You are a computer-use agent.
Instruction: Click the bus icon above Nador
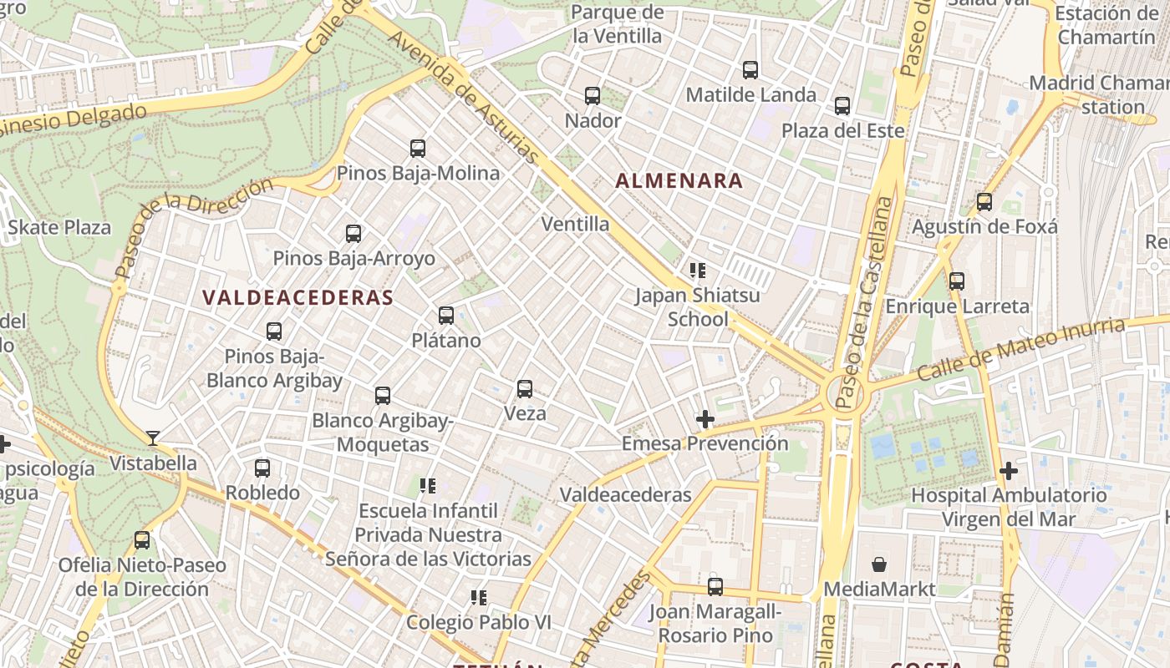pyautogui.click(x=593, y=95)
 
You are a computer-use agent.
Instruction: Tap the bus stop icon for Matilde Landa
pyautogui.click(x=750, y=70)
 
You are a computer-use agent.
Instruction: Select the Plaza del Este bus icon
pyautogui.click(x=842, y=106)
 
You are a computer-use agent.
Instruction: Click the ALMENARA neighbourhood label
pyautogui.click(x=679, y=180)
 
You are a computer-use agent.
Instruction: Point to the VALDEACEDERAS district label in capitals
pyautogui.click(x=298, y=298)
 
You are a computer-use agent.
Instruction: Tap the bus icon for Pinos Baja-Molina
pyautogui.click(x=418, y=149)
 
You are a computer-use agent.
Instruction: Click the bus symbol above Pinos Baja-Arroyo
pyautogui.click(x=354, y=234)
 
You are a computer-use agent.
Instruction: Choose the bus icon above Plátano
pyautogui.click(x=446, y=316)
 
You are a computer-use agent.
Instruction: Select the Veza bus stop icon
pyautogui.click(x=525, y=389)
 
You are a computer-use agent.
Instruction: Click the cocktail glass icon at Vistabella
pyautogui.click(x=153, y=438)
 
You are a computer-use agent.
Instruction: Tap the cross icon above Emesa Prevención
pyautogui.click(x=705, y=419)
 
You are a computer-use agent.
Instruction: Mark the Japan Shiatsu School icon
pyautogui.click(x=698, y=271)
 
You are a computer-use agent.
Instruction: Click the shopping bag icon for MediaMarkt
pyautogui.click(x=878, y=565)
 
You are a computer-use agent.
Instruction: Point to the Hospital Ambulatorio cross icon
pyautogui.click(x=1009, y=471)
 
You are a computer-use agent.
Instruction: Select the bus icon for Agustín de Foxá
pyautogui.click(x=984, y=202)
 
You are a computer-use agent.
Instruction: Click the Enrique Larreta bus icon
pyautogui.click(x=957, y=281)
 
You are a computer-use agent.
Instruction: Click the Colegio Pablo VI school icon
pyautogui.click(x=479, y=598)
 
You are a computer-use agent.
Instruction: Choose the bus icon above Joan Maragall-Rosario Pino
pyautogui.click(x=715, y=587)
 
